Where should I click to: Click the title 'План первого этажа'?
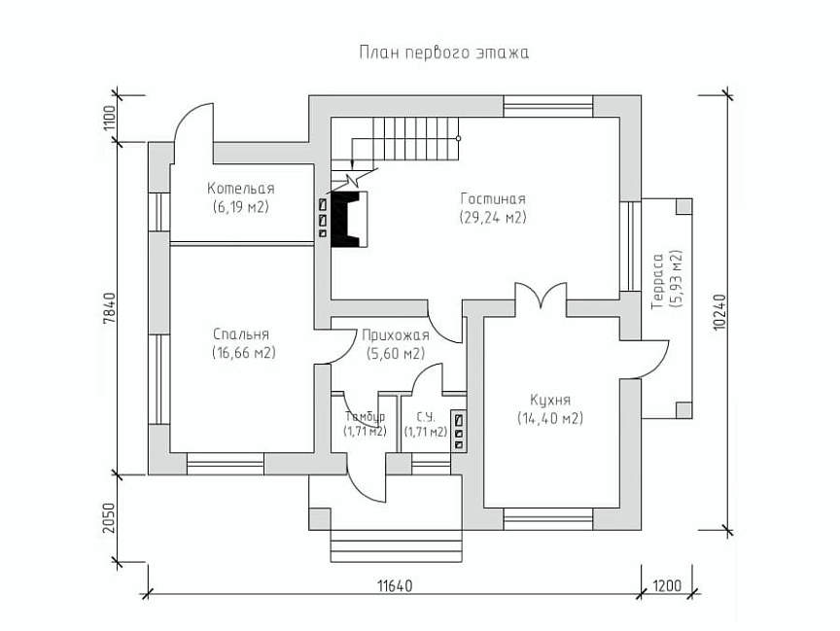coord(443,53)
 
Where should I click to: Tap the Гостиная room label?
coord(493,199)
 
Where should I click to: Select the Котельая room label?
coord(241,189)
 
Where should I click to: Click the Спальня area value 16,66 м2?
coord(244,353)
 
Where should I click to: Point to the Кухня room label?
coord(550,400)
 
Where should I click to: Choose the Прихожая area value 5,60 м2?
coord(396,354)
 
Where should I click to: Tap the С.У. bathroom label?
coord(426,417)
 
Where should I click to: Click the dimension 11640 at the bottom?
coord(396,585)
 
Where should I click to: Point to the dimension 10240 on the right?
coord(719,312)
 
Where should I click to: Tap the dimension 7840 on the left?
coord(109,308)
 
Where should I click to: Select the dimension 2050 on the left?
coord(109,518)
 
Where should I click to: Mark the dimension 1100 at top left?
coord(109,119)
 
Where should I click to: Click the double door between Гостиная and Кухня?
coord(541,297)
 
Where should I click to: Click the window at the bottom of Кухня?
coord(547,519)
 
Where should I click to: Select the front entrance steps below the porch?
coord(396,545)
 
